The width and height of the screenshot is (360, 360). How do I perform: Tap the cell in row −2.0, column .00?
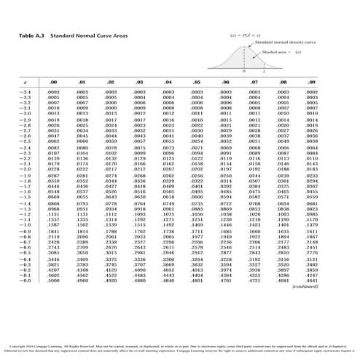tap(54, 169)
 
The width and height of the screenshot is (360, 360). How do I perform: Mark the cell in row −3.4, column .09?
tap(311, 93)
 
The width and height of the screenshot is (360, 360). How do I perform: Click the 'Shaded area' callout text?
tap(275, 52)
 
